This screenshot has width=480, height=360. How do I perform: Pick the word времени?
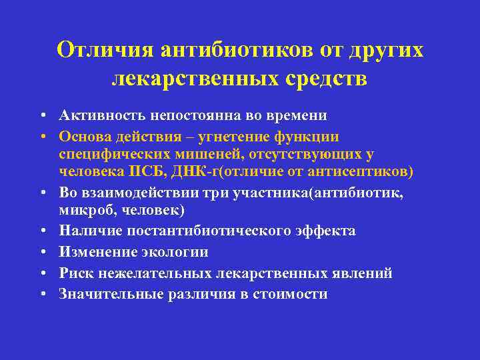pyautogui.click(x=298, y=116)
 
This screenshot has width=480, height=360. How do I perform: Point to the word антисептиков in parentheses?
pyautogui.click(x=367, y=173)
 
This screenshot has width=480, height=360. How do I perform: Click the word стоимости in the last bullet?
pyautogui.click(x=291, y=294)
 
